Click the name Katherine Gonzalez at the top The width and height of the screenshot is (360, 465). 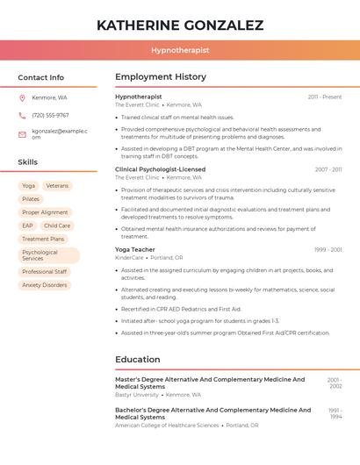click(x=180, y=25)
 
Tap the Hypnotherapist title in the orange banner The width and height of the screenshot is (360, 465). click(x=180, y=50)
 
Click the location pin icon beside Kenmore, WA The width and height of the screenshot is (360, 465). click(x=23, y=97)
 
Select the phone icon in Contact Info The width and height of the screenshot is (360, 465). click(x=23, y=115)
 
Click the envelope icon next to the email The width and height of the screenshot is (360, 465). click(x=23, y=133)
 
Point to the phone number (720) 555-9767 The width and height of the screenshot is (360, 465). click(x=50, y=115)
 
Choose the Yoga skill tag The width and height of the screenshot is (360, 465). click(x=29, y=186)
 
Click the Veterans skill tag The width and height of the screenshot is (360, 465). click(x=57, y=186)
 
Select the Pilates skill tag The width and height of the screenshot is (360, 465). click(x=31, y=199)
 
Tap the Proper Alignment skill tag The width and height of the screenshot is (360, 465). click(x=45, y=212)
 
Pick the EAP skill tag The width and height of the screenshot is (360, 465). click(x=28, y=225)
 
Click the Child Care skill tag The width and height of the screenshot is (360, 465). click(x=57, y=225)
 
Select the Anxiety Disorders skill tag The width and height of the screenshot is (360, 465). click(x=45, y=285)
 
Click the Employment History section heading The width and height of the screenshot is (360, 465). click(x=161, y=77)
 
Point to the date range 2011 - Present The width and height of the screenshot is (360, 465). click(x=324, y=97)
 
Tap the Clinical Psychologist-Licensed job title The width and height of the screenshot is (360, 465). click(x=160, y=169)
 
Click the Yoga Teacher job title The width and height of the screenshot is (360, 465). click(x=134, y=249)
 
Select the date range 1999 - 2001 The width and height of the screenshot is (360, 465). click(x=328, y=250)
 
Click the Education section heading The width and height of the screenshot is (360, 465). click(x=138, y=359)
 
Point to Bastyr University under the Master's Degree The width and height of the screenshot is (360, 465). click(x=137, y=395)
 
